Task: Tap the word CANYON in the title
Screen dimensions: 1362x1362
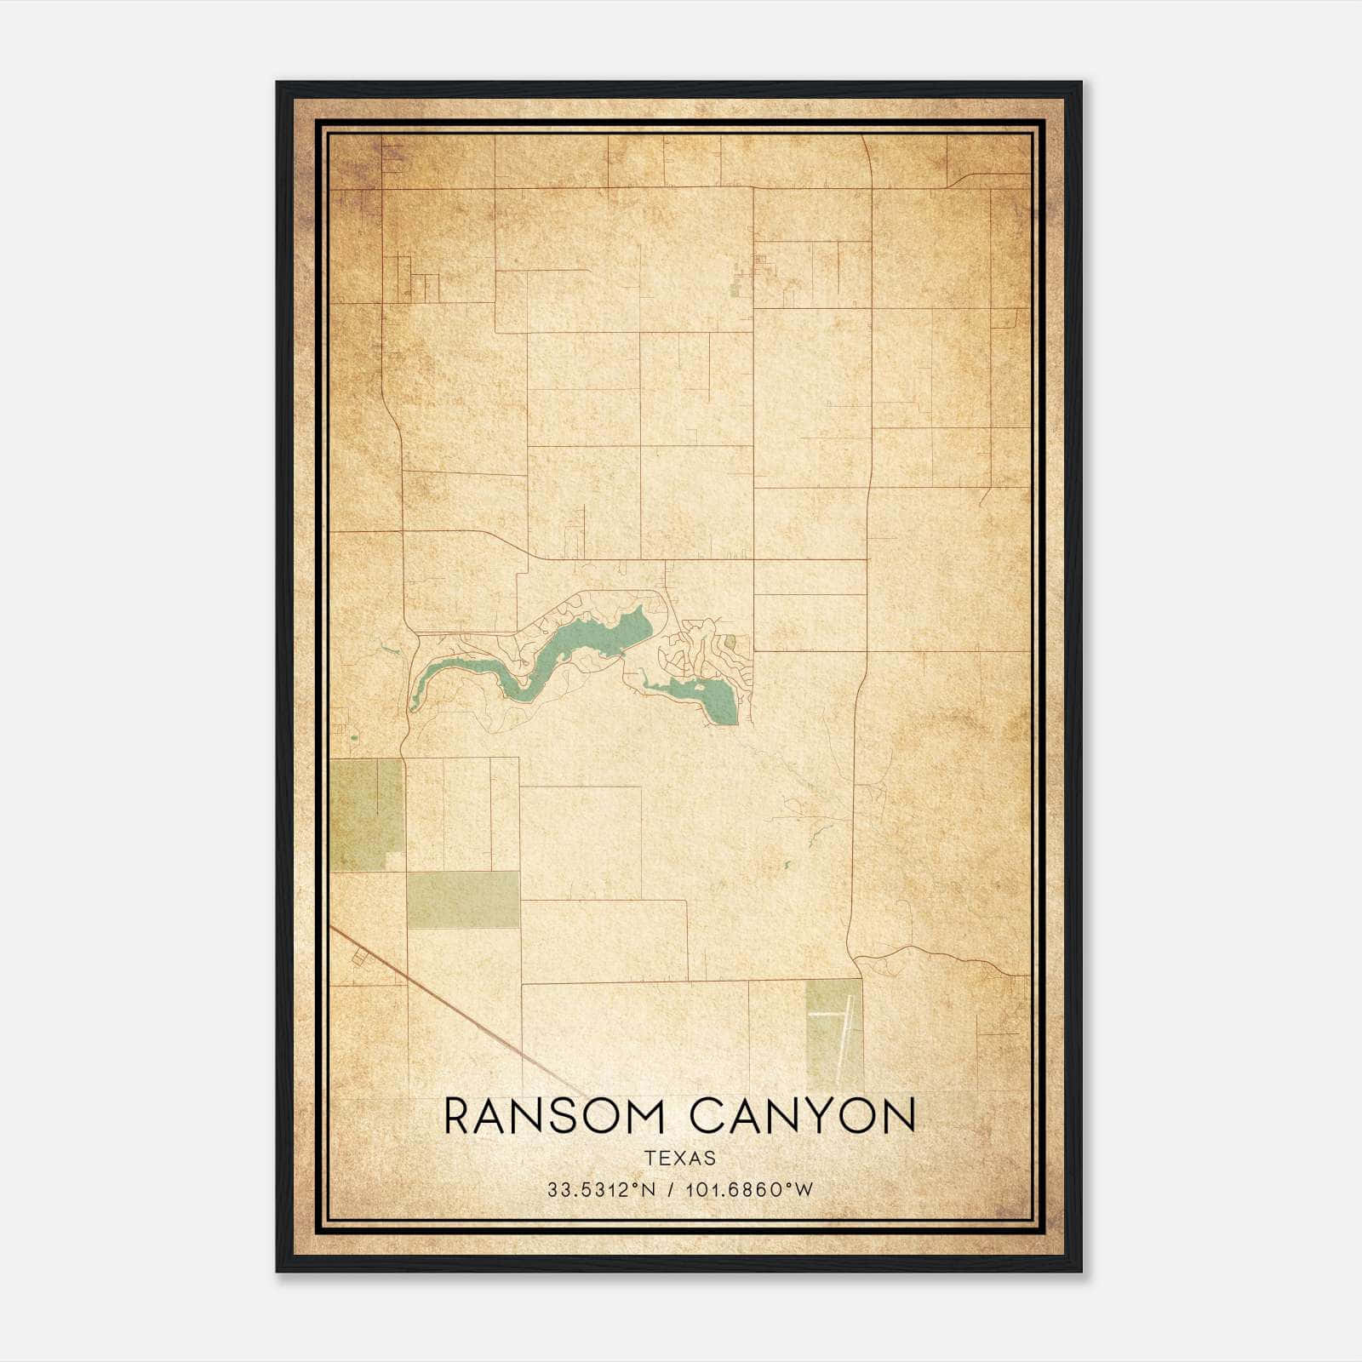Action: point(803,1116)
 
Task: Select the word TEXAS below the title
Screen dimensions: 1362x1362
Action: point(680,1159)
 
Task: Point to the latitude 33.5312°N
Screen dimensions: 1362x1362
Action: point(602,1190)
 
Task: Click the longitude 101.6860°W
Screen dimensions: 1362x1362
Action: point(748,1190)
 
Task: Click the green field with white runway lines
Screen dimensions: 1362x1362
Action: point(833,1033)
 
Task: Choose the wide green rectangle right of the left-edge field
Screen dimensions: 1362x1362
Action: point(462,899)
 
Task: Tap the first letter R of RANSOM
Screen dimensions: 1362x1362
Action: point(458,1116)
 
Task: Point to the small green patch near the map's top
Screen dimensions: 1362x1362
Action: point(735,290)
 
